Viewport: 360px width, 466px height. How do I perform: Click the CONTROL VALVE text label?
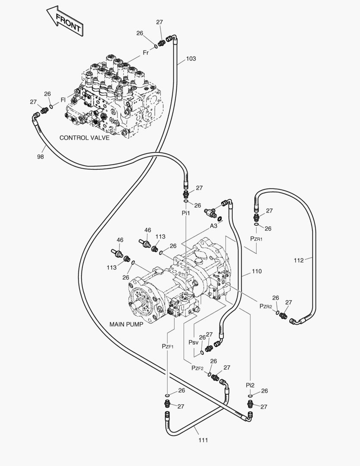tap(85, 138)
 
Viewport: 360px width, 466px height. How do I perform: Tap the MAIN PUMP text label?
tap(126, 324)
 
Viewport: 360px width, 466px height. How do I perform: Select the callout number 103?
tap(191, 59)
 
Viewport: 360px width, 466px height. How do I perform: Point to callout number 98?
tap(41, 157)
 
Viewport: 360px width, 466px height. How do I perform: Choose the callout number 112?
tap(299, 260)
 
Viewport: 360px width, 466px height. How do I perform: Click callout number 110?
tap(257, 271)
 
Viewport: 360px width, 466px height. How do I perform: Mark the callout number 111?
tap(203, 440)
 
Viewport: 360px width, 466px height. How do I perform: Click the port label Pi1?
tap(185, 213)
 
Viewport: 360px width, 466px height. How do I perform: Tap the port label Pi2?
tap(250, 385)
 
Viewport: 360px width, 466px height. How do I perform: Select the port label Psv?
tap(194, 342)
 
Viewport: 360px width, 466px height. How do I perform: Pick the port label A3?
tap(214, 226)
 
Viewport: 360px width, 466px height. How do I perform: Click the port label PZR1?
tap(256, 238)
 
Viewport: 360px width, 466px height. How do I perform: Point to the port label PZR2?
tap(266, 306)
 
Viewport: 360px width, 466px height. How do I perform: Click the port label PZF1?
tap(167, 346)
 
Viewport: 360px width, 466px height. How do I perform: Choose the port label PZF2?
tap(197, 368)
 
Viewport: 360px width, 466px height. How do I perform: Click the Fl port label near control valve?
tap(63, 100)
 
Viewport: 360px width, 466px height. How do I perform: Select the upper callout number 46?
tap(148, 230)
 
